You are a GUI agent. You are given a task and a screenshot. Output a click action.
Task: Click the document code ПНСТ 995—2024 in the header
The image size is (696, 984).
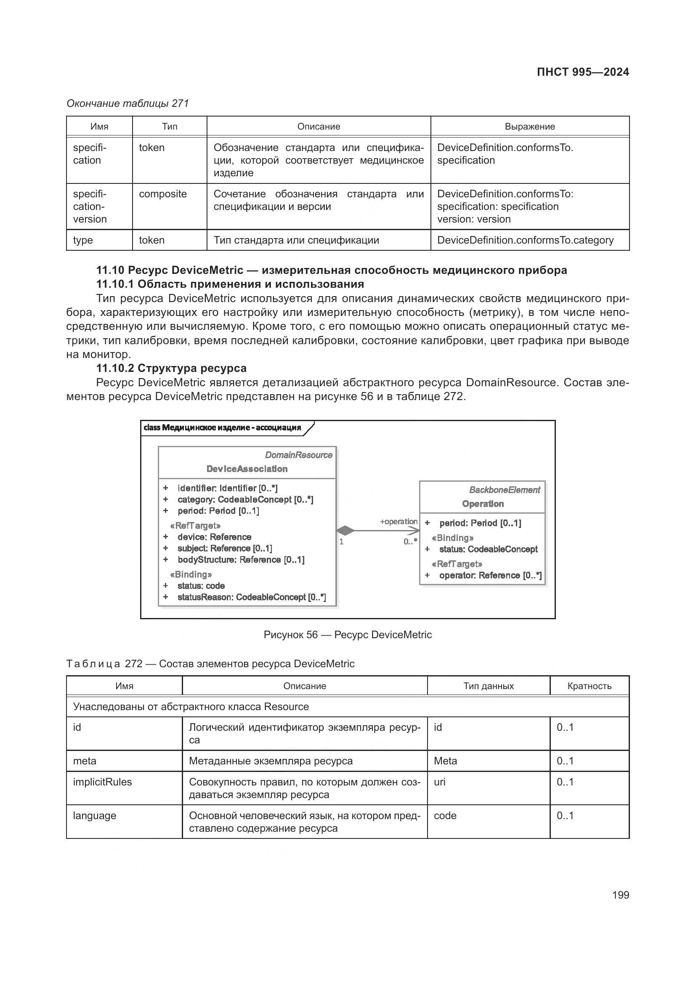pos(582,72)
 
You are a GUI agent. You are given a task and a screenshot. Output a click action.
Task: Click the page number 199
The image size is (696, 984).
pos(620,895)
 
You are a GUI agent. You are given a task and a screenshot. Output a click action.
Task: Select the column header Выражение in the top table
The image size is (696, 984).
pos(529,127)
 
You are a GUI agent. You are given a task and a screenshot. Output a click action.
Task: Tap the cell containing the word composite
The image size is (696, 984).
pos(163,194)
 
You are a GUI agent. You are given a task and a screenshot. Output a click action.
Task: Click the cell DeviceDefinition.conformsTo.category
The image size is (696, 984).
pos(525,240)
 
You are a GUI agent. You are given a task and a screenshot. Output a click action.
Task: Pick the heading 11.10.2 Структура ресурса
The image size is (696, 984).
pos(171,368)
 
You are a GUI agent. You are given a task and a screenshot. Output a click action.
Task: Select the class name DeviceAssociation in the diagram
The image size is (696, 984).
pos(247,469)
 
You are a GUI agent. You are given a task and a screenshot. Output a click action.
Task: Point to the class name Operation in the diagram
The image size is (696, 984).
pos(483,504)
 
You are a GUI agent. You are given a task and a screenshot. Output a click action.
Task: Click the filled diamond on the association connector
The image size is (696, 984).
pos(345,530)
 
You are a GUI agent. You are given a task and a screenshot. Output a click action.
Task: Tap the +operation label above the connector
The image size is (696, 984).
pos(398,522)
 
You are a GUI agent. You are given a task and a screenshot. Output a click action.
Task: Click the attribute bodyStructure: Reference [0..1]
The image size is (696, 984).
pos(241,560)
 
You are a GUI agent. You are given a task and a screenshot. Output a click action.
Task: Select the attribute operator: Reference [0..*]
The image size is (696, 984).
pos(490,576)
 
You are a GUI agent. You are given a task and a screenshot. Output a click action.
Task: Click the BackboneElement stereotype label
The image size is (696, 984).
pos(505,490)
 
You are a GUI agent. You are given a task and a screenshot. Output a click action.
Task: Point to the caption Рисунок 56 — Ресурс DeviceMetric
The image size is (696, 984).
pos(348,635)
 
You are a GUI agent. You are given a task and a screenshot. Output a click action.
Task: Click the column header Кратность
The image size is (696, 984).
pos(589,686)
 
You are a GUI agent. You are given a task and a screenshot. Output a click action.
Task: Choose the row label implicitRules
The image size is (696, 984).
pos(102,782)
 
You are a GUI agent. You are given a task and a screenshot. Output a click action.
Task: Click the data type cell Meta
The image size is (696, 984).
pos(445,761)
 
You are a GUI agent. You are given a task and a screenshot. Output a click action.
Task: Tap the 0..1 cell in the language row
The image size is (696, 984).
pos(565,816)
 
